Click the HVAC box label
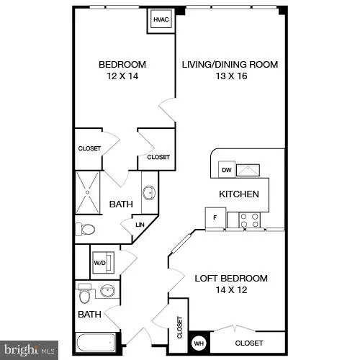[160, 21]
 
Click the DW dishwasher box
[226, 170]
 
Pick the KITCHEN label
[239, 194]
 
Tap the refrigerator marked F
[215, 218]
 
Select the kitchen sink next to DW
[249, 169]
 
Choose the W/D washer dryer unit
[99, 263]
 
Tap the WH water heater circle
[197, 343]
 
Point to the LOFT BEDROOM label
[231, 278]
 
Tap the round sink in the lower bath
[108, 292]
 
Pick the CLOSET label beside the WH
[248, 343]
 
